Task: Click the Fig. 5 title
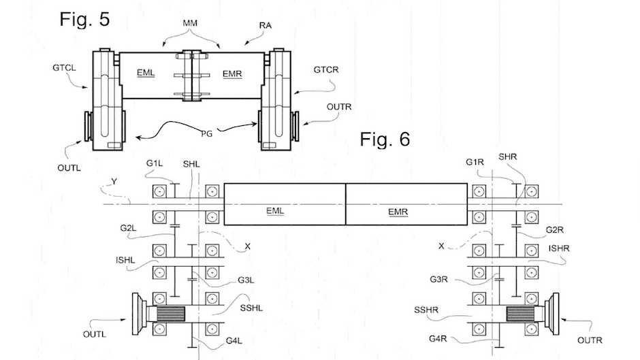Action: (84, 19)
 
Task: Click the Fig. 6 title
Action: (385, 140)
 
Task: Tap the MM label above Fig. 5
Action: (190, 23)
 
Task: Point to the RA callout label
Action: (266, 25)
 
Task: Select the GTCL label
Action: (64, 68)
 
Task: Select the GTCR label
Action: (326, 70)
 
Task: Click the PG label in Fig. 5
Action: (207, 133)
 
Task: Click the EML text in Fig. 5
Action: (146, 73)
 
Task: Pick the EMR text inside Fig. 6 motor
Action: (398, 212)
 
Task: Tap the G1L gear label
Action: (155, 164)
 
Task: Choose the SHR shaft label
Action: (508, 157)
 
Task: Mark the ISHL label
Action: (125, 260)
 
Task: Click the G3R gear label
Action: (438, 280)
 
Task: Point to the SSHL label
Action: (251, 308)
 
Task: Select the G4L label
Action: (234, 341)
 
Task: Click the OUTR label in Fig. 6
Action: (590, 340)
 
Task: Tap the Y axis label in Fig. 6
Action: (114, 181)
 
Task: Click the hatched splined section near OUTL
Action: (171, 314)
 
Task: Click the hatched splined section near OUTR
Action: (520, 314)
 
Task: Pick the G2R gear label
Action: (555, 230)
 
